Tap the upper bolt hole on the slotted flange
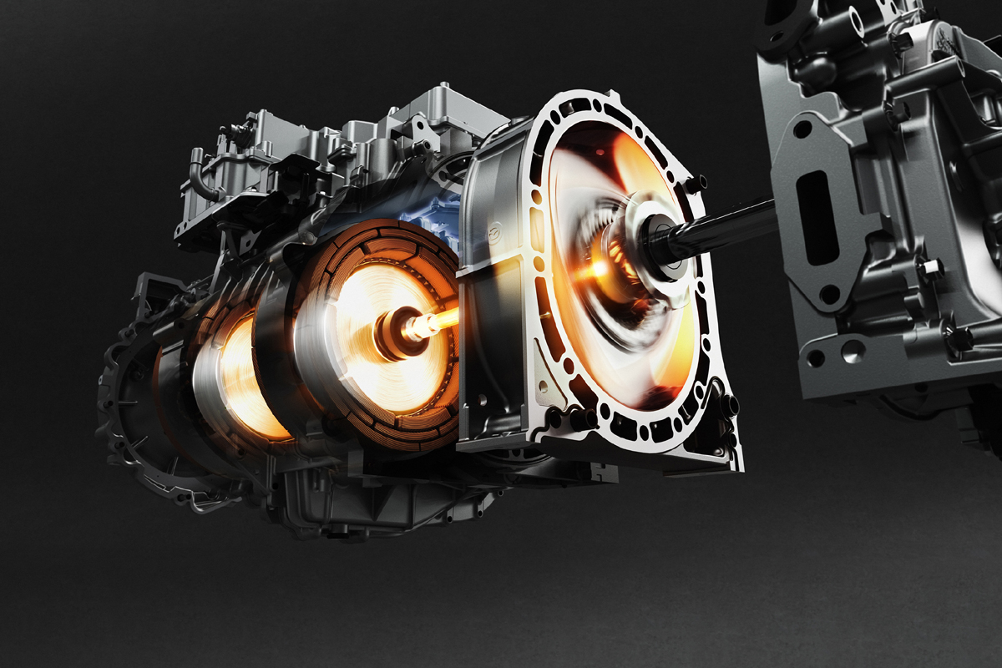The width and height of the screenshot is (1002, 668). (802, 129)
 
